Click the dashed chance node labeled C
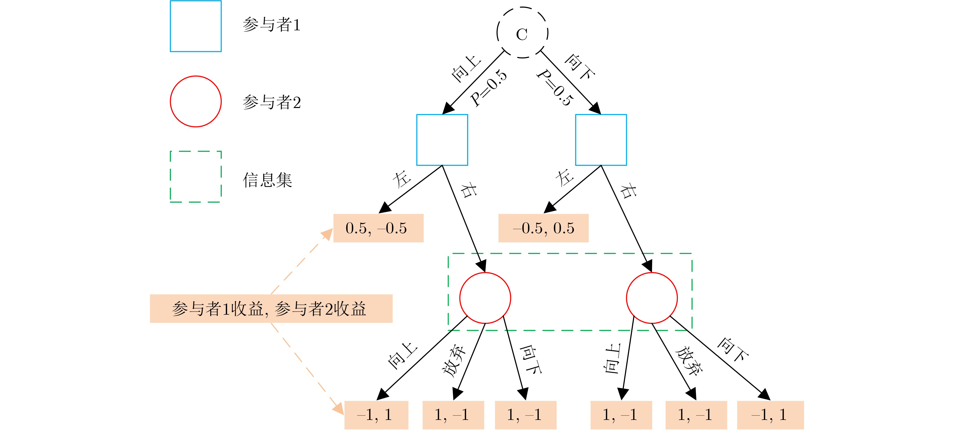522,33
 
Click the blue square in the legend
196,26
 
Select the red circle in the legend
196,101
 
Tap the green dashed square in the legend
196,177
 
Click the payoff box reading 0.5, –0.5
378,228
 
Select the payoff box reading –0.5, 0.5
543,228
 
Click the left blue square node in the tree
442,140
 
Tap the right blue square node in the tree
601,140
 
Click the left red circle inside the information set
485,298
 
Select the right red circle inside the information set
652,298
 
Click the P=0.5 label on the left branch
488,88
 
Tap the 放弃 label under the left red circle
454,361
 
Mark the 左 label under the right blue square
564,178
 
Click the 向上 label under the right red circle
613,358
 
